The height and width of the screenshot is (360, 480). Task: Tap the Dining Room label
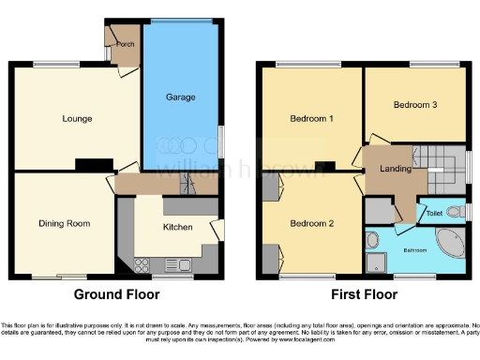point(64,222)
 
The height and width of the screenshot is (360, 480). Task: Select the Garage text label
point(180,97)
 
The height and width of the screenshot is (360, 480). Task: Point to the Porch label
point(125,44)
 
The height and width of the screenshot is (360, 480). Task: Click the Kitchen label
point(178,227)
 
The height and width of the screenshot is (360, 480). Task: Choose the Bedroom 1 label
point(311,118)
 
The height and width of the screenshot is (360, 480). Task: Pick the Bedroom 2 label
point(311,223)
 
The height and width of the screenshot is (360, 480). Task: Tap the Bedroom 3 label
point(414,105)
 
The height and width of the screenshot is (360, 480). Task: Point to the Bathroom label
point(415,250)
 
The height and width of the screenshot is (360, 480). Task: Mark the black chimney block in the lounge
point(90,165)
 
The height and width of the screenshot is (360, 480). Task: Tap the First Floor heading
point(365,293)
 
